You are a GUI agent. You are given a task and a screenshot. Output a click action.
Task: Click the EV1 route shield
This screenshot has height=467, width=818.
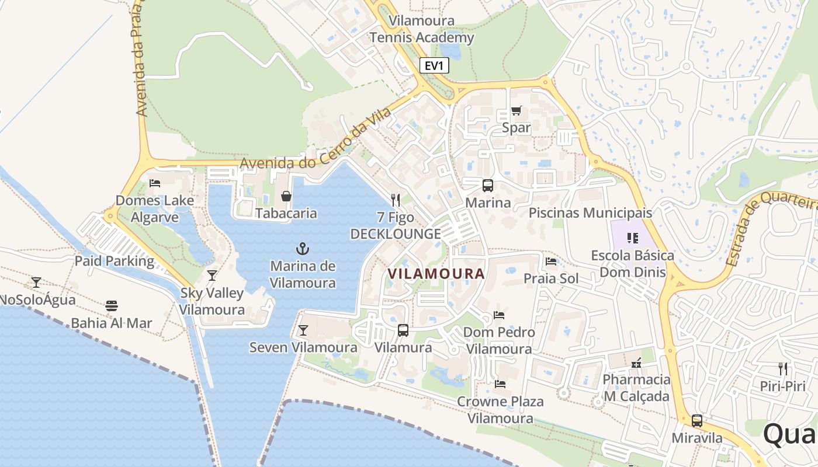click(434, 65)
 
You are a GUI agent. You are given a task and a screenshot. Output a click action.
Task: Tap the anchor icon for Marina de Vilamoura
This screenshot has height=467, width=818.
click(303, 249)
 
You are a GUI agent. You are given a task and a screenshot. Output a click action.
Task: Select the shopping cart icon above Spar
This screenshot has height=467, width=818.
click(516, 110)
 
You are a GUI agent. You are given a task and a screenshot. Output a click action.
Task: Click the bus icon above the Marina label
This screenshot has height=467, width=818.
click(487, 186)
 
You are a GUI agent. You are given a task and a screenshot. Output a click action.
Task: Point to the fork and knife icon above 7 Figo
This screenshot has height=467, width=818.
click(396, 200)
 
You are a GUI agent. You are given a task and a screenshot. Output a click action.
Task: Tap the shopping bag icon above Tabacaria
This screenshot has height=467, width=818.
click(286, 196)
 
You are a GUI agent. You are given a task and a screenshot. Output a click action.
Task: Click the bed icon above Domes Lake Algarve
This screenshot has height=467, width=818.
click(155, 183)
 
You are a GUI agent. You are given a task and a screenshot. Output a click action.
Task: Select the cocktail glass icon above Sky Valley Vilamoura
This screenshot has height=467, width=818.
click(212, 275)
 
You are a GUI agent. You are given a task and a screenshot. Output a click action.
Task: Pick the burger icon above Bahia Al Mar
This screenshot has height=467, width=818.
click(112, 305)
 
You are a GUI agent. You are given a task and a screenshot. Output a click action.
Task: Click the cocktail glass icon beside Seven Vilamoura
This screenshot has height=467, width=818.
click(303, 330)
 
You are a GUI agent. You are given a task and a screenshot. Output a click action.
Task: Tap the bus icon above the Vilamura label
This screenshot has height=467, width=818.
click(403, 330)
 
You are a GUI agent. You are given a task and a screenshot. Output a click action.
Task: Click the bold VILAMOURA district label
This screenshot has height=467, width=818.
click(436, 274)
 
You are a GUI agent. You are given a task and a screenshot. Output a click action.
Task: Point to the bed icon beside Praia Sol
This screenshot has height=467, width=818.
click(550, 261)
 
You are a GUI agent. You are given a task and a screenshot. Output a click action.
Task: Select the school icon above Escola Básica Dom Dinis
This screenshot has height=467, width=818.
click(632, 238)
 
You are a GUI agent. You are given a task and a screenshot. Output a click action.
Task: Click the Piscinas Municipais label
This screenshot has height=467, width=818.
click(590, 212)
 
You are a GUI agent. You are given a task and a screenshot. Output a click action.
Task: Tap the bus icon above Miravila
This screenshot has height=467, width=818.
click(696, 420)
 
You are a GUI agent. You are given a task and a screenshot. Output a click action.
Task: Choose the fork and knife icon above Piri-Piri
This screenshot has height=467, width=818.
click(782, 368)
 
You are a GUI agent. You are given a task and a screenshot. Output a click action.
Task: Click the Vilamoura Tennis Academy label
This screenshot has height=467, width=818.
click(422, 29)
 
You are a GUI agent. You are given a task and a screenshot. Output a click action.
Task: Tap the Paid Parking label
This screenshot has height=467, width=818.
click(114, 261)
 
